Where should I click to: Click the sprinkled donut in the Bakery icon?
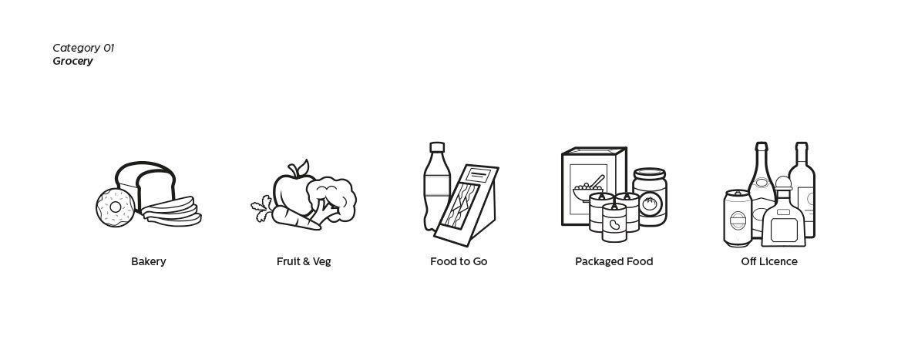[116, 207]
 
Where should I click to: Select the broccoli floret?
[331, 198]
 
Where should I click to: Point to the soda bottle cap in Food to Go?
[437, 147]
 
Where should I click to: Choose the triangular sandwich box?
[466, 206]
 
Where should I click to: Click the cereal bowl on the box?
[588, 193]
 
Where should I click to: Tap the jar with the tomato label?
[650, 196]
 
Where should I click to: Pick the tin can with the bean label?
[614, 223]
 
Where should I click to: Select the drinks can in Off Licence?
[738, 217]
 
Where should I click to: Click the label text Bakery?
[148, 261]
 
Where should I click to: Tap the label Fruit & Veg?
[304, 261]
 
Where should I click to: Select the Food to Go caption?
[459, 261]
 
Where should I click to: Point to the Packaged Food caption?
[614, 261]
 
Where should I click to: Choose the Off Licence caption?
[769, 261]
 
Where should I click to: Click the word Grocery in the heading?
[72, 62]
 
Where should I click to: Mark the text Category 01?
[83, 48]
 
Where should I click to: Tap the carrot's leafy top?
[262, 210]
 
